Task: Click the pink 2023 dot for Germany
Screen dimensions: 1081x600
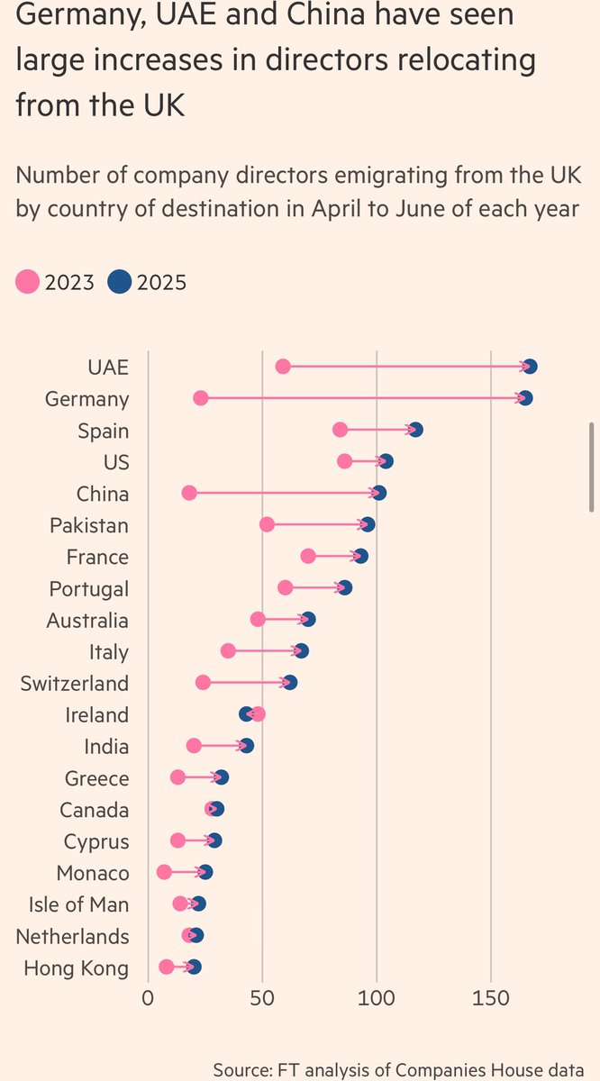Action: (x=201, y=398)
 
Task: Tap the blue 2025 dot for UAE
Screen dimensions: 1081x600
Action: (x=530, y=367)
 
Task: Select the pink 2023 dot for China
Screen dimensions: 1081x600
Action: (x=189, y=494)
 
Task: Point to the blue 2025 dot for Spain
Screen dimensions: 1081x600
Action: (x=415, y=430)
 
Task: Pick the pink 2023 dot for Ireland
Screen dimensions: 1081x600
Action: (x=259, y=714)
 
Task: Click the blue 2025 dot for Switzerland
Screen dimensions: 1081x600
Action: (x=290, y=683)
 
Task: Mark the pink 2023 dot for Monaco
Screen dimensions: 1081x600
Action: (x=164, y=872)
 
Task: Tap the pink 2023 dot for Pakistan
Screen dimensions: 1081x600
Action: (x=267, y=525)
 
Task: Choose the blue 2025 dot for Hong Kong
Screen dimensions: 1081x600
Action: (x=194, y=967)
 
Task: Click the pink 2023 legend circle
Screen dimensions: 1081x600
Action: (x=28, y=283)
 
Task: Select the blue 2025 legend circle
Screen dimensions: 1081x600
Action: (x=119, y=283)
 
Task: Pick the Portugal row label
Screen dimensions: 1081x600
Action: (x=88, y=589)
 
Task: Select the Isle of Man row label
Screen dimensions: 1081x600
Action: (x=78, y=904)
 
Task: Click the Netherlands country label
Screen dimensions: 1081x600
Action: (x=72, y=936)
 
